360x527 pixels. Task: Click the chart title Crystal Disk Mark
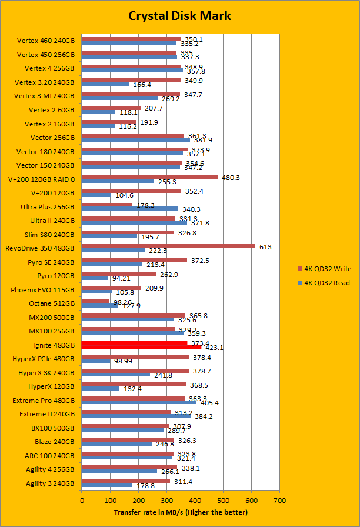(x=179, y=15)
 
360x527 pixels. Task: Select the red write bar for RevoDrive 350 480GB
(x=168, y=246)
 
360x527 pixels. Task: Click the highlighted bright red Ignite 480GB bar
(x=141, y=345)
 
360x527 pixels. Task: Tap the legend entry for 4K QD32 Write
(x=324, y=268)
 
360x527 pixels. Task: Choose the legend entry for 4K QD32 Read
(x=324, y=283)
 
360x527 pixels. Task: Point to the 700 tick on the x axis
(x=280, y=500)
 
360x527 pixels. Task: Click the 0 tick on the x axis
(x=82, y=500)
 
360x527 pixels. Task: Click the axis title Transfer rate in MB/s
(x=181, y=512)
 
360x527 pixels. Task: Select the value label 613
(x=265, y=247)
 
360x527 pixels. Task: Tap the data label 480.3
(x=230, y=178)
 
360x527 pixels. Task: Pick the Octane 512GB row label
(x=52, y=303)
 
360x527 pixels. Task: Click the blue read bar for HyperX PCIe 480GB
(x=96, y=360)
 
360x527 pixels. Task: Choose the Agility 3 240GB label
(x=50, y=483)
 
